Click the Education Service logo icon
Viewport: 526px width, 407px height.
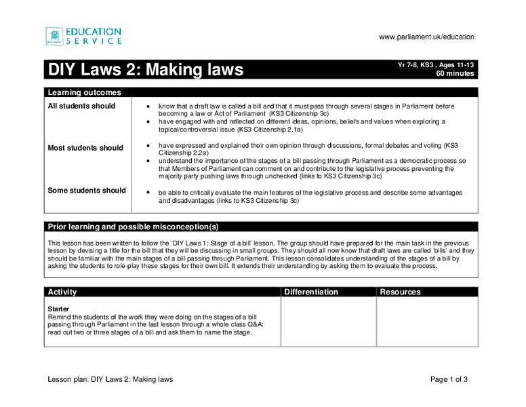pyautogui.click(x=54, y=36)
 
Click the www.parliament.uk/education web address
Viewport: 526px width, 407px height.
pyautogui.click(x=426, y=37)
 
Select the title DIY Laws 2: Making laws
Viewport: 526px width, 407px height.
pyautogui.click(x=145, y=70)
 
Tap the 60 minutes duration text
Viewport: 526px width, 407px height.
pyautogui.click(x=455, y=73)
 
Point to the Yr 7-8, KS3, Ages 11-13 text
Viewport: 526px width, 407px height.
pyautogui.click(x=436, y=64)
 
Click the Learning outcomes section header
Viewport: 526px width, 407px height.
pyautogui.click(x=84, y=92)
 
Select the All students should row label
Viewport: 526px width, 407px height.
pyautogui.click(x=81, y=106)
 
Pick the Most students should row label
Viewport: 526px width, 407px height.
pyautogui.click(x=85, y=148)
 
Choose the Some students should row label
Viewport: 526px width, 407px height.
pyautogui.click(x=87, y=191)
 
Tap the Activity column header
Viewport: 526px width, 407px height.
pyautogui.click(x=62, y=292)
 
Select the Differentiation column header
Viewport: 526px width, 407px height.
pyautogui.click(x=311, y=292)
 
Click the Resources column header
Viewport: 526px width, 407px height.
pyautogui.click(x=400, y=292)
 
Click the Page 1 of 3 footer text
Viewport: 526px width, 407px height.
pyautogui.click(x=449, y=379)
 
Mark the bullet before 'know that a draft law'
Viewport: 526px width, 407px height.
pyautogui.click(x=148, y=107)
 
